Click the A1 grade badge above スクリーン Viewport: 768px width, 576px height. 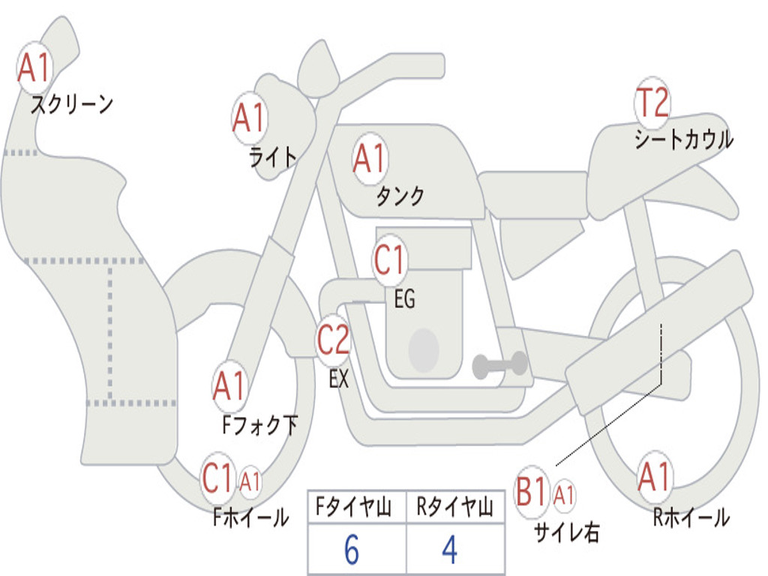[34, 67]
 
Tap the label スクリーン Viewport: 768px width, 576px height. [72, 104]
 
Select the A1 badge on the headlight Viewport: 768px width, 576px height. [249, 118]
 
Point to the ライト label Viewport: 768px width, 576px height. [273, 157]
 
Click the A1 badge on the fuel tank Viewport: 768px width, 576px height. [370, 159]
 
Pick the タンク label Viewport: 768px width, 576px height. [400, 196]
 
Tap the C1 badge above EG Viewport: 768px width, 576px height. [389, 260]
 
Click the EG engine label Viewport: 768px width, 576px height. [404, 298]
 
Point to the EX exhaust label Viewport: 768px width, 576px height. [338, 378]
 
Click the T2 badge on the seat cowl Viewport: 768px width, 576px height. [652, 102]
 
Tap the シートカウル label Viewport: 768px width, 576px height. [684, 139]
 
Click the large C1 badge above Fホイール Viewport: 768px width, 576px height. [217, 478]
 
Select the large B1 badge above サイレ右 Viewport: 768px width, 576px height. [532, 492]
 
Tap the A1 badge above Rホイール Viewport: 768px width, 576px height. [655, 476]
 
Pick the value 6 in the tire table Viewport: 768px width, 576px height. [352, 550]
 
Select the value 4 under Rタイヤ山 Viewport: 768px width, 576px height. [450, 550]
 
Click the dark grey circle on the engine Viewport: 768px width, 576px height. [424, 350]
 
